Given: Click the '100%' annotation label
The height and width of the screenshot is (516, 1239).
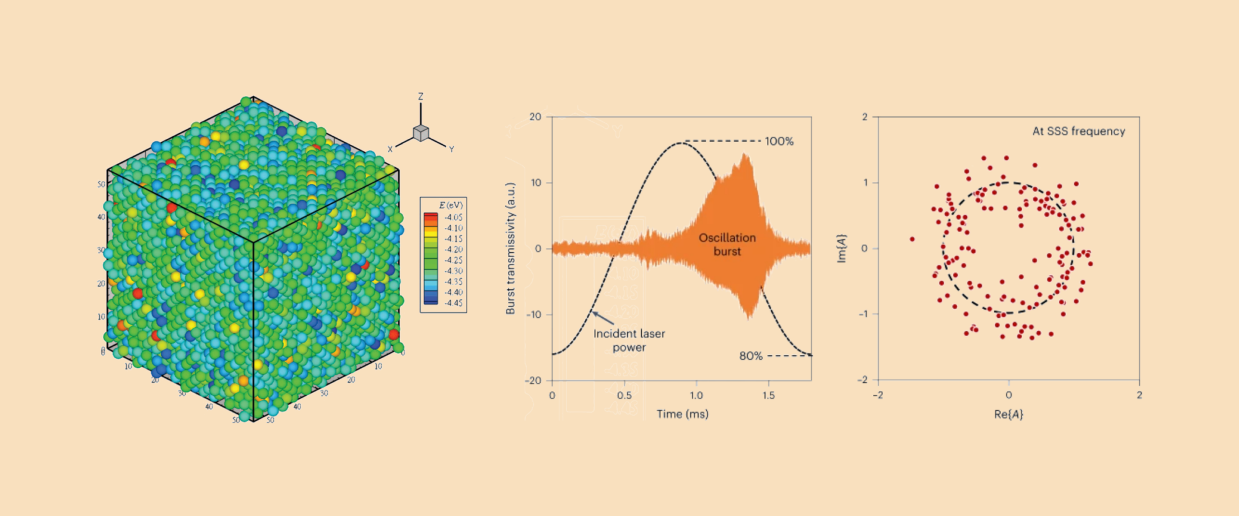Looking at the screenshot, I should (779, 141).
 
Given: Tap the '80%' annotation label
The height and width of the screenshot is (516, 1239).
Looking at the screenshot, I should (750, 356).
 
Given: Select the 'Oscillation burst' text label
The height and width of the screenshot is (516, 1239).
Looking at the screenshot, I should (727, 244).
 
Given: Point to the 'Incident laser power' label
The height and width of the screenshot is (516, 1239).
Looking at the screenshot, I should (629, 340).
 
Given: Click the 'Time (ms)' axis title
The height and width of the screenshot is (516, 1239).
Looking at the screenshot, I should (682, 414).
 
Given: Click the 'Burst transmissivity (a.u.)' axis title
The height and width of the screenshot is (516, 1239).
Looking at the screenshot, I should (510, 248).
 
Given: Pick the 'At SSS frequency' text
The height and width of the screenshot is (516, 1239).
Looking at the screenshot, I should (1079, 131).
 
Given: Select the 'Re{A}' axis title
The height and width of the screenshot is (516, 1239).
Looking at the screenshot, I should (1009, 414).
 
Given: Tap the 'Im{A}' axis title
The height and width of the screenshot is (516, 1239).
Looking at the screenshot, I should (841, 248).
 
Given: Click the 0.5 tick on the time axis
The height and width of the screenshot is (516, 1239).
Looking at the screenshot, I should (624, 395).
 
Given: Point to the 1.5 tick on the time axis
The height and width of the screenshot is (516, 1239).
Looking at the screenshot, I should (769, 395).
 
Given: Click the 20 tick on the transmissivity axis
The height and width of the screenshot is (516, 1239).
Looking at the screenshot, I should (535, 116).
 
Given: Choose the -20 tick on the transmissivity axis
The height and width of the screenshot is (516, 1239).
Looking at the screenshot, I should (533, 380).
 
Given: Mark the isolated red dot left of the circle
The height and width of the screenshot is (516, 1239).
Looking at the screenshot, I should (912, 239).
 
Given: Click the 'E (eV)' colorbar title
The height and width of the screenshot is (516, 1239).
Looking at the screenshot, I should (450, 205).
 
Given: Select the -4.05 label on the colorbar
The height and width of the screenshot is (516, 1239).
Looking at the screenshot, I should (453, 217).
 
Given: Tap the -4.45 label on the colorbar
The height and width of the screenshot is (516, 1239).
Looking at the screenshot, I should (453, 303).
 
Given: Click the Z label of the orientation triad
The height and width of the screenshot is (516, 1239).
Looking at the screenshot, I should (421, 97).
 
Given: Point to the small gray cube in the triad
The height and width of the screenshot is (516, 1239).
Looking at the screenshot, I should (421, 133).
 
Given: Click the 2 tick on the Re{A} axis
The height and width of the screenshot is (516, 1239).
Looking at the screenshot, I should (1139, 395).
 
